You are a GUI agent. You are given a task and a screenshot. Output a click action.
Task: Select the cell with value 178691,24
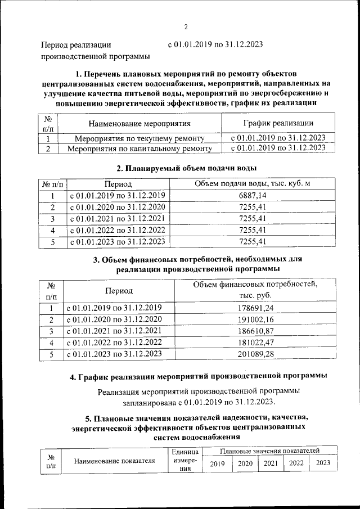(x=256, y=308)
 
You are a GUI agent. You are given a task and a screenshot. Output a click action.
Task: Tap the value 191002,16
(x=256, y=319)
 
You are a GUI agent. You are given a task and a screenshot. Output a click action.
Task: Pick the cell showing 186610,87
(x=256, y=331)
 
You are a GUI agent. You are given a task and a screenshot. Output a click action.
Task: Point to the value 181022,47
(x=256, y=343)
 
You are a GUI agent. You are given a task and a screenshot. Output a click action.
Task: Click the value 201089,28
(x=256, y=354)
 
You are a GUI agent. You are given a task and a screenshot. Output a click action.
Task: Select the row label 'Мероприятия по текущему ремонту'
(x=139, y=138)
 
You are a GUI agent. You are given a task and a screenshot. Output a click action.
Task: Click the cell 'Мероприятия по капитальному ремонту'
(x=139, y=149)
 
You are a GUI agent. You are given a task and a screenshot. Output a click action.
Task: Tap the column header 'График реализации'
(x=278, y=123)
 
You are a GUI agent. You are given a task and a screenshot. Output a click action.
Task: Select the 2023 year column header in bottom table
(x=323, y=463)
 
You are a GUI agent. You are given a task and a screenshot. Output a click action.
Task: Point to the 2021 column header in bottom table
(x=271, y=463)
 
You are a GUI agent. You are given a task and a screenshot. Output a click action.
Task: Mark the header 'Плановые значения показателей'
(x=271, y=451)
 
